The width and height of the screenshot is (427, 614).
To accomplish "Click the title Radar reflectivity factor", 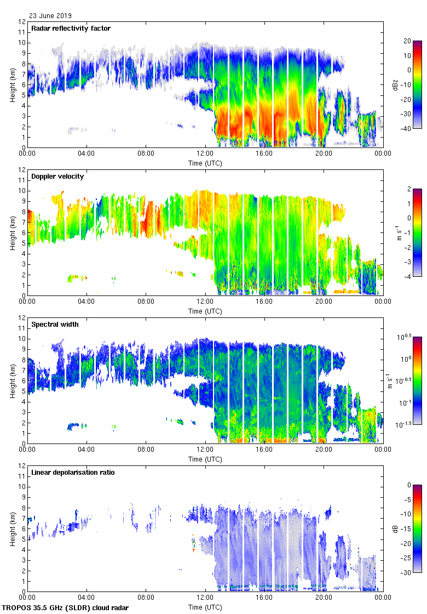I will (71, 28).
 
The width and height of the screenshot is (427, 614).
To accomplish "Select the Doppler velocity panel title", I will (57, 177).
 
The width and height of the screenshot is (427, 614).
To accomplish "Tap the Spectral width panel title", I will (55, 324).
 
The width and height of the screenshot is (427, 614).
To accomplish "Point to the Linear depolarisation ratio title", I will (73, 472).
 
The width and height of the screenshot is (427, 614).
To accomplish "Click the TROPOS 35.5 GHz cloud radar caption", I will (66, 608).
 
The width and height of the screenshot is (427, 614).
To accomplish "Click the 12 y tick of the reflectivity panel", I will (22, 22).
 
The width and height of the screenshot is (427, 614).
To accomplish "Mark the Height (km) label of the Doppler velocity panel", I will (12, 232).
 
